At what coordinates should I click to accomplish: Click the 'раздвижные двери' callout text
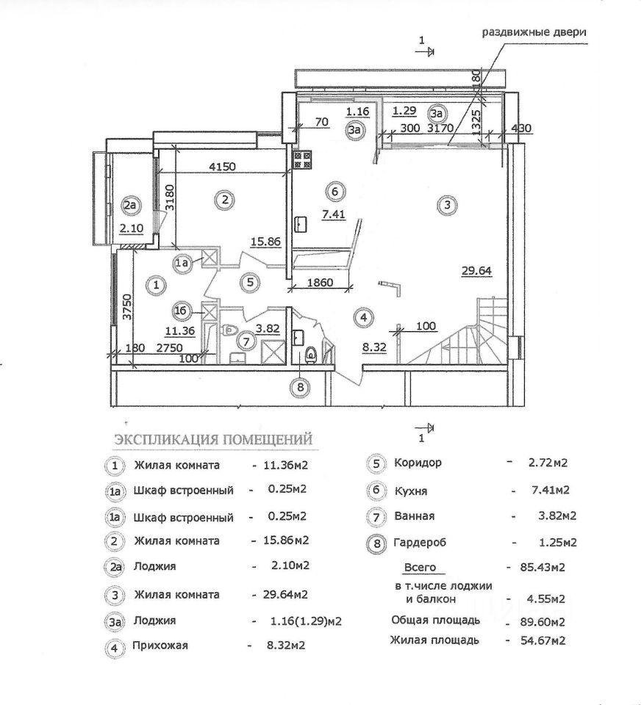coord(534,33)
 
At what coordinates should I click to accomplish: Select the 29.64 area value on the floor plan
coord(476,270)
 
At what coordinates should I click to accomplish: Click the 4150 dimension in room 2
coord(222,167)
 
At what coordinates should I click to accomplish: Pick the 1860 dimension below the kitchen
coord(318,282)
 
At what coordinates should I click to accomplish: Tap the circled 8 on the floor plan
coord(299,387)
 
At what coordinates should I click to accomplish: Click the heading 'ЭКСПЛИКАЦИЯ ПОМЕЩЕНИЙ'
coord(212,439)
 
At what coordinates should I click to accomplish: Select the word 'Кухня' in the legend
coord(410,491)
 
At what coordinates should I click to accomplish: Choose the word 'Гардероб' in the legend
coord(420,543)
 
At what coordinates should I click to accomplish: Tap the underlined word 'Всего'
coord(420,568)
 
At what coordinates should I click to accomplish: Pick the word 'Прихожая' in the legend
coord(161,646)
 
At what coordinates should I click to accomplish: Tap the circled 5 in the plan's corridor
coord(250,281)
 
